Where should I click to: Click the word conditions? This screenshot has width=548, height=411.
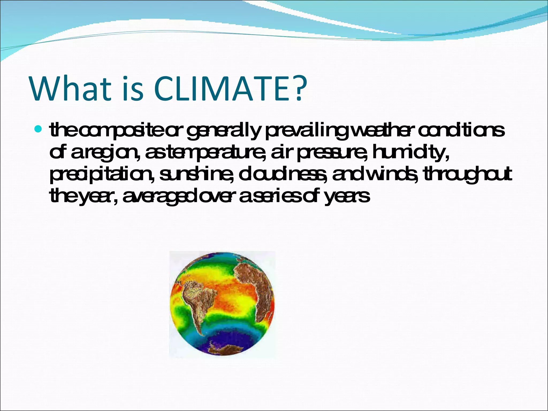(x=461, y=131)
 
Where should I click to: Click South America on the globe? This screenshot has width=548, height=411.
(x=198, y=302)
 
